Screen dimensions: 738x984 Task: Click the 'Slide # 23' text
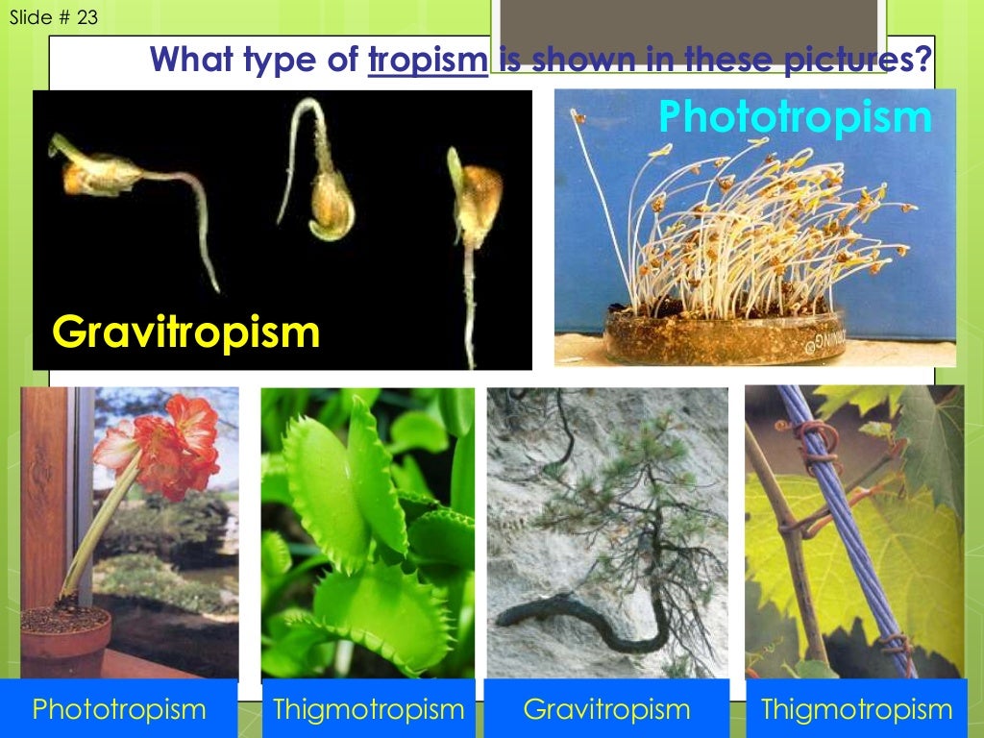click(x=53, y=16)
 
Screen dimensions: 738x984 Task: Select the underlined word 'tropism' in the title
click(x=429, y=61)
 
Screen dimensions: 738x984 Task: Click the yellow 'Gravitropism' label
click(x=185, y=332)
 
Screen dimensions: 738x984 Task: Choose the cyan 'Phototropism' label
click(x=795, y=117)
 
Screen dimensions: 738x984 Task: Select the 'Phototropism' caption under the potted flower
click(x=119, y=709)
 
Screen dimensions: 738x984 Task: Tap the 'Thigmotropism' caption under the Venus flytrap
click(x=369, y=709)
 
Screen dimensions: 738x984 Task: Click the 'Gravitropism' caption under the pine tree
click(x=606, y=709)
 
